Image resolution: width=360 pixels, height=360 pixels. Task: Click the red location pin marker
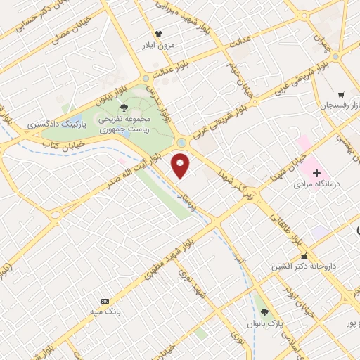182,166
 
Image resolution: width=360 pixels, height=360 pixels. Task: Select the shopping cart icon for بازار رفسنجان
341,94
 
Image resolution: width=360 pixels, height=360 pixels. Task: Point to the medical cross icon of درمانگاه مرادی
316,173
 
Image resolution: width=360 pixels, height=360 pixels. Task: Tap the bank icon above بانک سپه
106,300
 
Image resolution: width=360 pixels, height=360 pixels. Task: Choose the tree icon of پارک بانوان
264,311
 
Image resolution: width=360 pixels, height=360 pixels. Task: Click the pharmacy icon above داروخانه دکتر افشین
304,256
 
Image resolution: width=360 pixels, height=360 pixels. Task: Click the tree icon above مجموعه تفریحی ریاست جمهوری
124,108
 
